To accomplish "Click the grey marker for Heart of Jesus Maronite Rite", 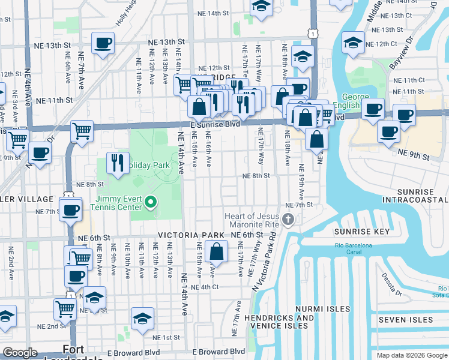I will pos(289,220).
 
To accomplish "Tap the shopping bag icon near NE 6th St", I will pos(216,251).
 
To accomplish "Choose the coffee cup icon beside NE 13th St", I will pos(103,43).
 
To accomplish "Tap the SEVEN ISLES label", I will pos(405,320).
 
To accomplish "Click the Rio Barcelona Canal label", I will pos(354,248).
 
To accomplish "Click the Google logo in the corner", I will pos(20,353).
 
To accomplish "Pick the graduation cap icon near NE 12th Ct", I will pos(353,42).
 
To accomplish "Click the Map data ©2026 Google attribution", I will pos(412,355).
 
